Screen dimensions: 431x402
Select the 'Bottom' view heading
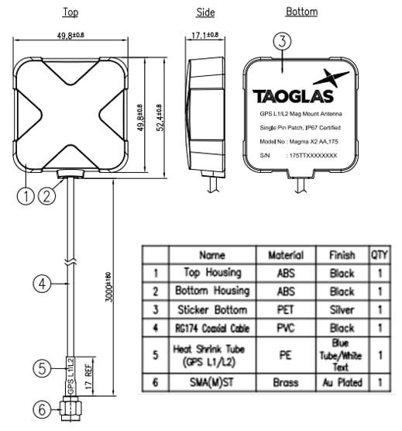(x=301, y=12)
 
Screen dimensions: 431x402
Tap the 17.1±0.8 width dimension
(x=205, y=35)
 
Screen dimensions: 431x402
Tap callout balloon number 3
(x=283, y=42)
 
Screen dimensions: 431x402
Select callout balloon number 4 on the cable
(x=45, y=284)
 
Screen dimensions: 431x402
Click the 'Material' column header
(x=285, y=255)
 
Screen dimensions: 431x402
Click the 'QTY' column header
(x=380, y=255)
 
